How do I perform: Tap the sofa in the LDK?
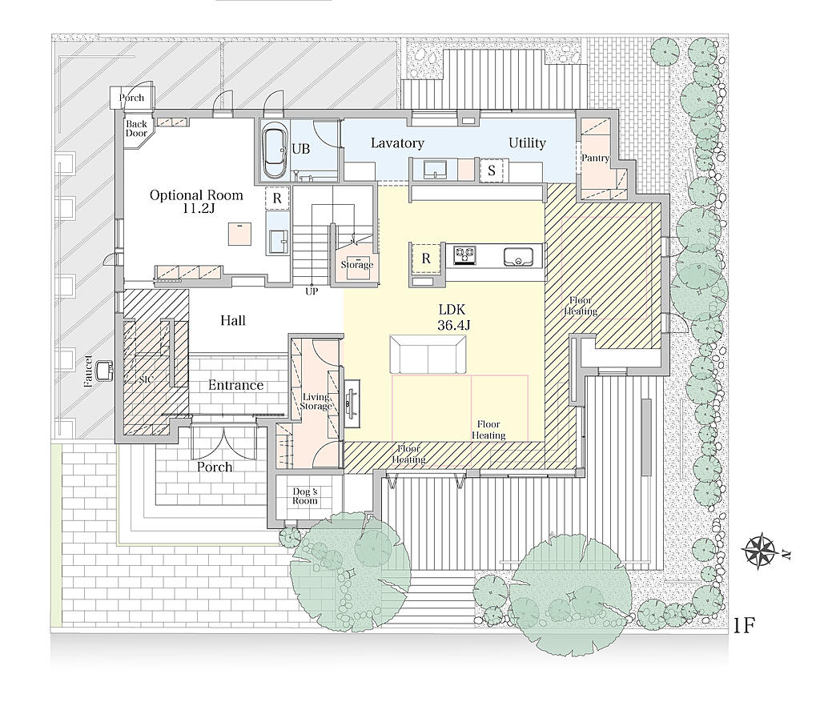pos(428,354)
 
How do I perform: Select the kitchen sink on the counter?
pos(518,257)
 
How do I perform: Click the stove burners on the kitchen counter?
pos(464,255)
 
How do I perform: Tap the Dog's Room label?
pos(305,496)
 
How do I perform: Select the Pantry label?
pos(595,158)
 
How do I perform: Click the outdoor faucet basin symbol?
pos(105,371)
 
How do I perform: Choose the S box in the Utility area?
pos(492,170)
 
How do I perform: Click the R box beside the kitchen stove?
pos(426,259)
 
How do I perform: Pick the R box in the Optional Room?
pos(277,198)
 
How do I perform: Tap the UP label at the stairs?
pos(312,291)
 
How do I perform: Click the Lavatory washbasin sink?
pos(435,170)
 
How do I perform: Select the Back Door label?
pos(136,129)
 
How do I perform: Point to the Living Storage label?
pos(316,402)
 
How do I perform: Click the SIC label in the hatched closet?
pos(147,379)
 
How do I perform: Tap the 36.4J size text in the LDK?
pos(454,325)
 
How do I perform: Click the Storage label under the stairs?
pos(357,265)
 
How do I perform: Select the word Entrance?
pos(236,385)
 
